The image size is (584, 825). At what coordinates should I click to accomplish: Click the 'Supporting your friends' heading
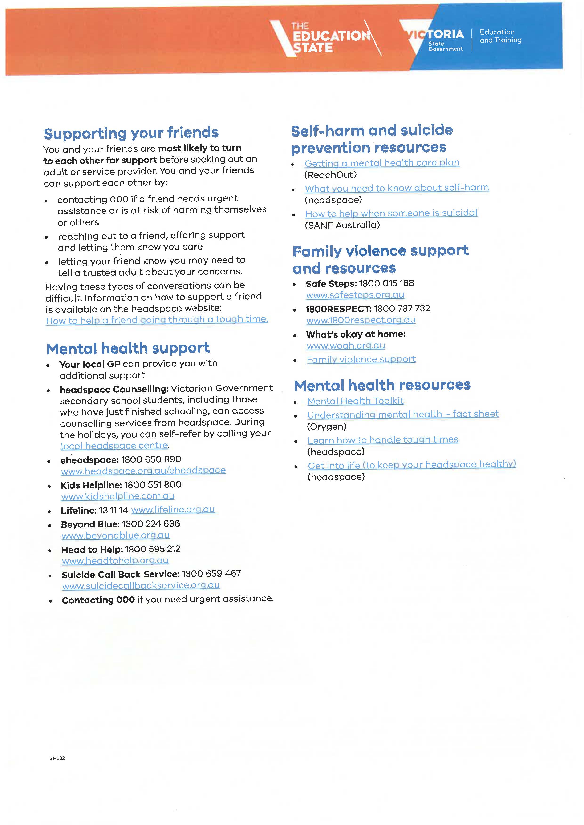[131, 133]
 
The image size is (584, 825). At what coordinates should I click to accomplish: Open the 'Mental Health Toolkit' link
[355, 401]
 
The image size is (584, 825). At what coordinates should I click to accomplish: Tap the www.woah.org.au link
[346, 346]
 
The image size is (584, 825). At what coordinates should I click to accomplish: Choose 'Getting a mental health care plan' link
[382, 163]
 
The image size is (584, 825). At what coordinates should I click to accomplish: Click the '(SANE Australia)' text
[342, 225]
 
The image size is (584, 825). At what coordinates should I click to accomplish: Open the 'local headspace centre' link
[114, 446]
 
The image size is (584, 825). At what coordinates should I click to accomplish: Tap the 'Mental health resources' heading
[382, 385]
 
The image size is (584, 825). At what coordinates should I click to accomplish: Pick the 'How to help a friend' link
[157, 320]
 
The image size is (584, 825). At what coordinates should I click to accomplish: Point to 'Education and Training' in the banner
[500, 36]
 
